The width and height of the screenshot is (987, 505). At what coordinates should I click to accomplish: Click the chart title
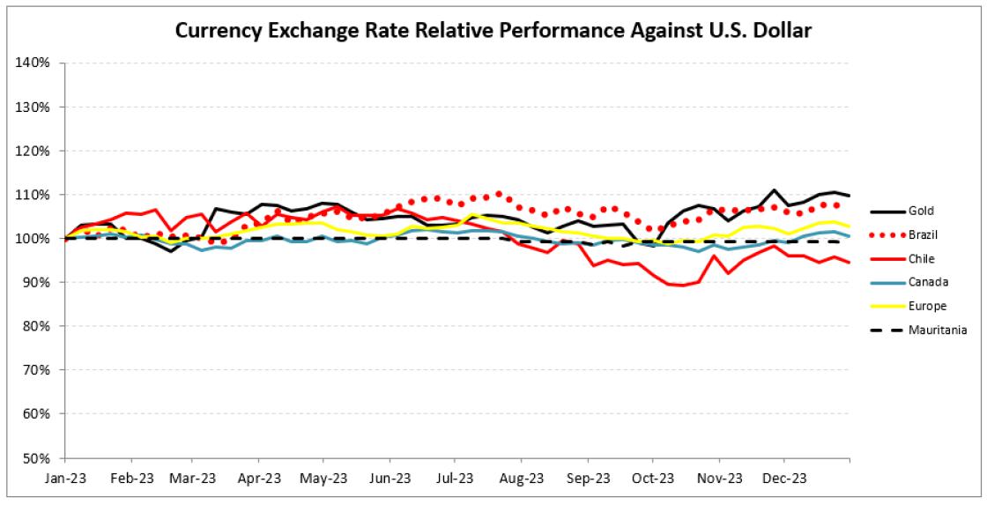point(493,31)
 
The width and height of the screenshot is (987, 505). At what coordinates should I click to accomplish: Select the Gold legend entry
point(920,212)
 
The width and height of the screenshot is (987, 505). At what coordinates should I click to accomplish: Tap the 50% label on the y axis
point(36,458)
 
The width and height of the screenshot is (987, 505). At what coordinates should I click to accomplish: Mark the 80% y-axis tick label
point(36,326)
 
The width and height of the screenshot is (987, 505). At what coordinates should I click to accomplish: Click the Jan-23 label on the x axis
point(65,479)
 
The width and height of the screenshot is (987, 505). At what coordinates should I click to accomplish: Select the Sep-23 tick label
point(586,479)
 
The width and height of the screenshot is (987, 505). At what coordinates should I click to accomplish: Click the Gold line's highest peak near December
point(773,190)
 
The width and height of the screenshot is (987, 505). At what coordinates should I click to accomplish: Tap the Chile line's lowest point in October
point(683,286)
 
